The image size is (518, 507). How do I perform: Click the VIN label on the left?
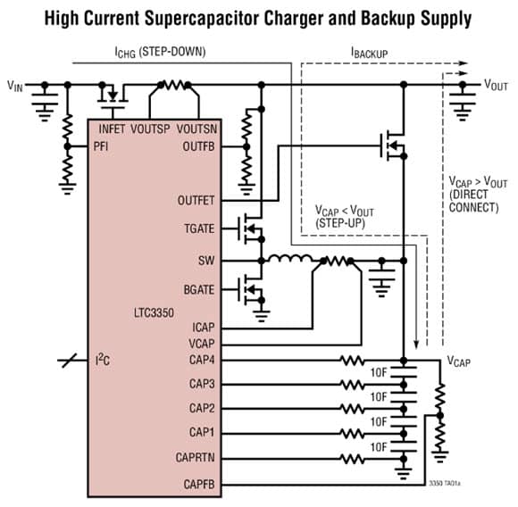tap(15, 86)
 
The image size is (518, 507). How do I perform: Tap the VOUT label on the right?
tap(496, 85)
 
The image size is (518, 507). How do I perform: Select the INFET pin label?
tap(112, 129)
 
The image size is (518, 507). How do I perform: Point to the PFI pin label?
tap(101, 146)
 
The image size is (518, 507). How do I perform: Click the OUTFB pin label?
tap(198, 146)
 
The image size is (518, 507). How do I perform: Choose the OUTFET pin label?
tap(196, 200)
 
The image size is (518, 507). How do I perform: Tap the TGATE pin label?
tap(199, 229)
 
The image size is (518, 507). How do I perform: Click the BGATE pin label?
tap(199, 290)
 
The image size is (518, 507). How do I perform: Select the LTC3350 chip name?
tap(154, 312)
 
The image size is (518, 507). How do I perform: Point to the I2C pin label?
tap(103, 360)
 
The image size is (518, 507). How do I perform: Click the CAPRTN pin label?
tap(195, 458)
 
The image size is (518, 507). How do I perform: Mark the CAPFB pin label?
tap(199, 484)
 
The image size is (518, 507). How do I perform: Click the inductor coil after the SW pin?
tap(290, 258)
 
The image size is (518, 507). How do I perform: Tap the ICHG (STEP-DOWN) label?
tap(160, 52)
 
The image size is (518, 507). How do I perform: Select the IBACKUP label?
tap(370, 53)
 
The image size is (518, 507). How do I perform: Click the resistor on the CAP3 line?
tap(352, 385)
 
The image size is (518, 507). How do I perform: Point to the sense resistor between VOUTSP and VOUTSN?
tap(174, 85)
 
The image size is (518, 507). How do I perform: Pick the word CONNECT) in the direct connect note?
tap(473, 208)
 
